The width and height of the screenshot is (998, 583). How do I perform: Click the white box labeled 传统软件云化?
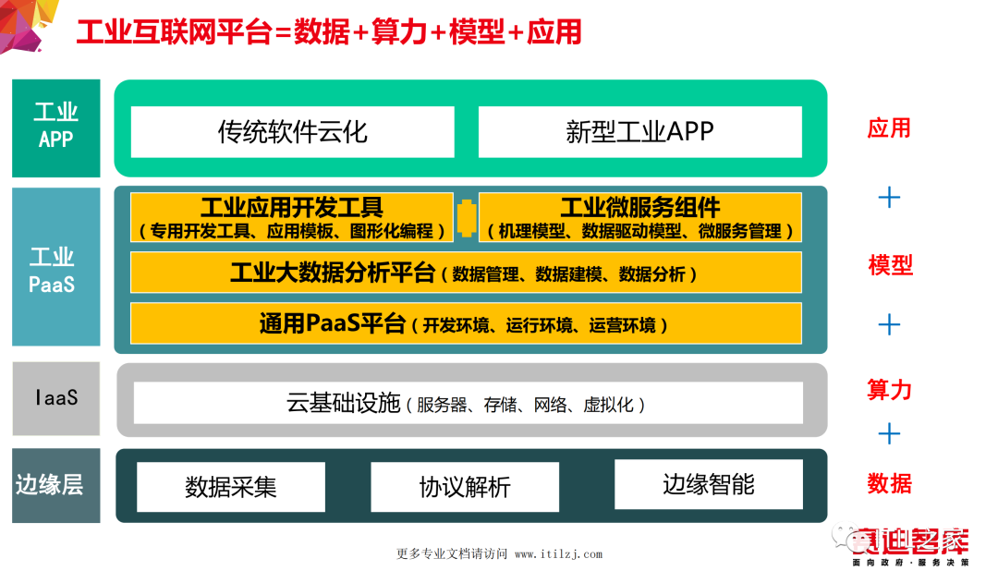(292, 131)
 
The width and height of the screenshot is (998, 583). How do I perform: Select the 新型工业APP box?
(639, 131)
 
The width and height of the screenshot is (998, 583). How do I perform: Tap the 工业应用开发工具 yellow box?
(292, 218)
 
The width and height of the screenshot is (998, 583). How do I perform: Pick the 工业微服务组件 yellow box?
(639, 218)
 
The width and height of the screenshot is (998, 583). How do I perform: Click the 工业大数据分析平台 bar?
(466, 273)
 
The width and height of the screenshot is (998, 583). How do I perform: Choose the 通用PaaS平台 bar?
(466, 323)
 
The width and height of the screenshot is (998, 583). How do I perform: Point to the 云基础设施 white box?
(466, 404)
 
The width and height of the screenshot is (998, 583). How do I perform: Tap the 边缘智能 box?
(709, 484)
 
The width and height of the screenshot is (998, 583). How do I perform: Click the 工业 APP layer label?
(55, 127)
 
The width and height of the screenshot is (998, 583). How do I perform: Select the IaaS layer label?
(55, 398)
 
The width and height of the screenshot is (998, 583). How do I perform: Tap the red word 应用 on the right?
(889, 128)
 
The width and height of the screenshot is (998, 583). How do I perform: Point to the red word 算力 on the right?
(889, 390)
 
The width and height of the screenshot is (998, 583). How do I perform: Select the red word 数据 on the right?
(889, 483)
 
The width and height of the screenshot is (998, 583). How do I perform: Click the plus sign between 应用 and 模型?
(889, 197)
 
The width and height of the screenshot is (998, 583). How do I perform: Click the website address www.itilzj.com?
(558, 554)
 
